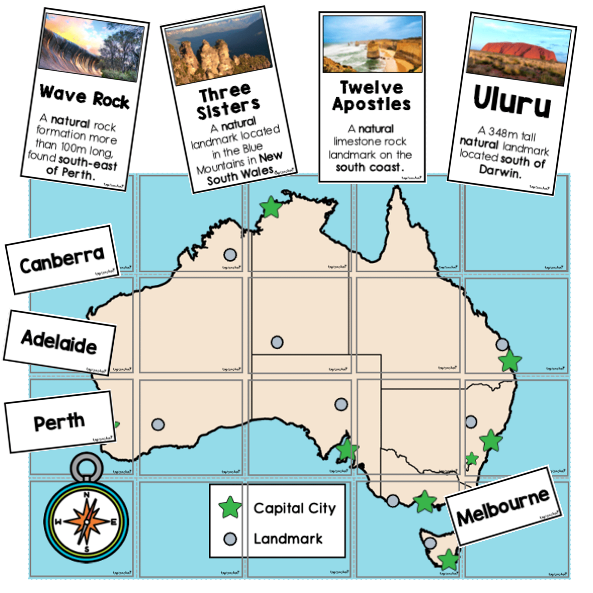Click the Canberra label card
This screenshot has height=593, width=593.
click(x=62, y=260)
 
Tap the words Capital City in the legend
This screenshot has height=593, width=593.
click(x=295, y=508)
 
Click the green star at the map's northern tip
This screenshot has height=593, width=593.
click(x=271, y=208)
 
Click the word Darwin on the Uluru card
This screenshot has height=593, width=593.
click(x=500, y=172)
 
